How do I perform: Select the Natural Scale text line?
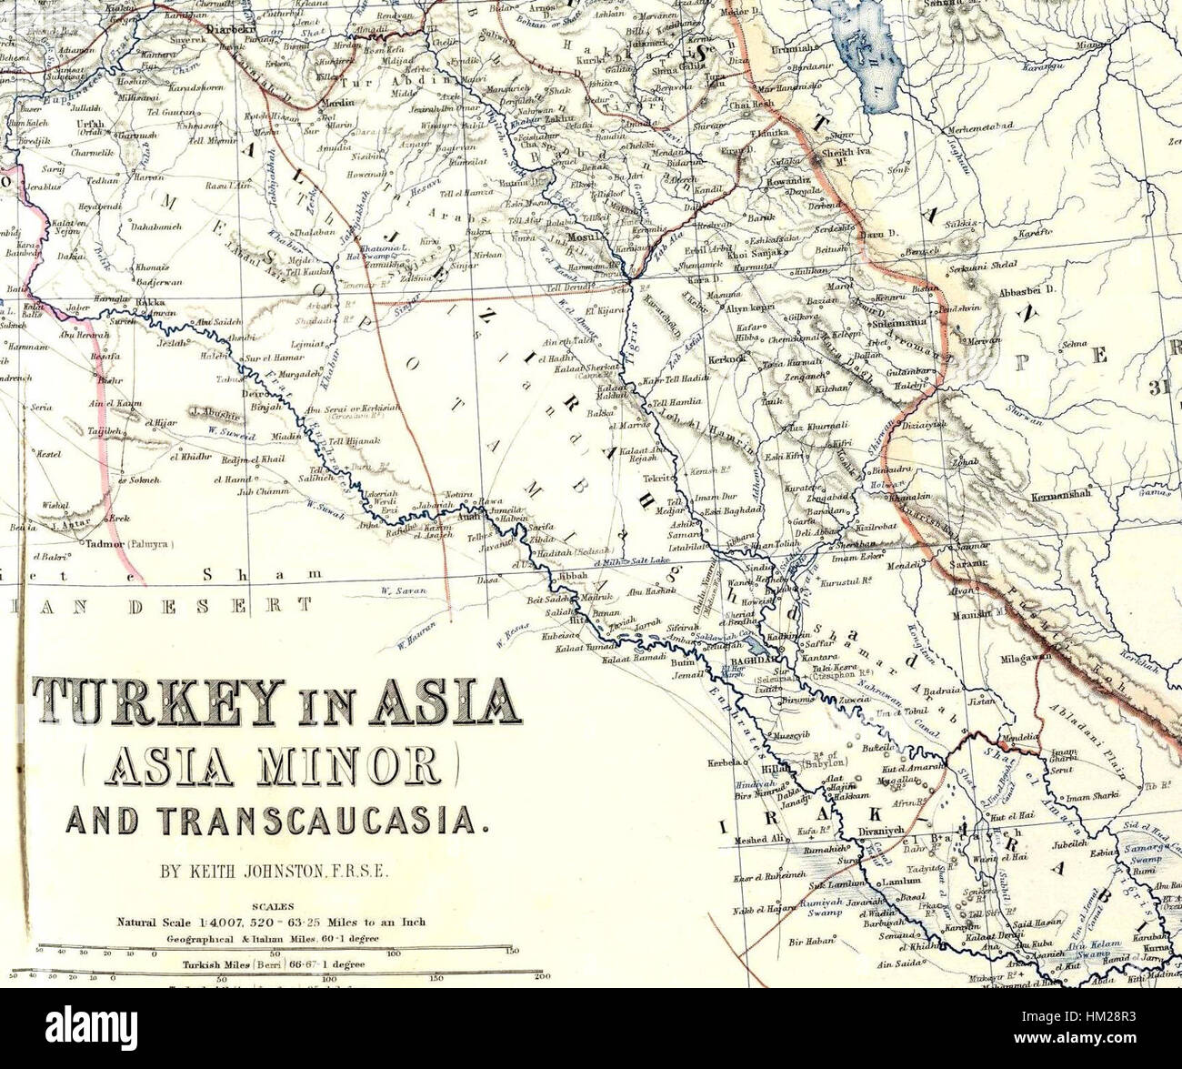pos(270,921)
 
